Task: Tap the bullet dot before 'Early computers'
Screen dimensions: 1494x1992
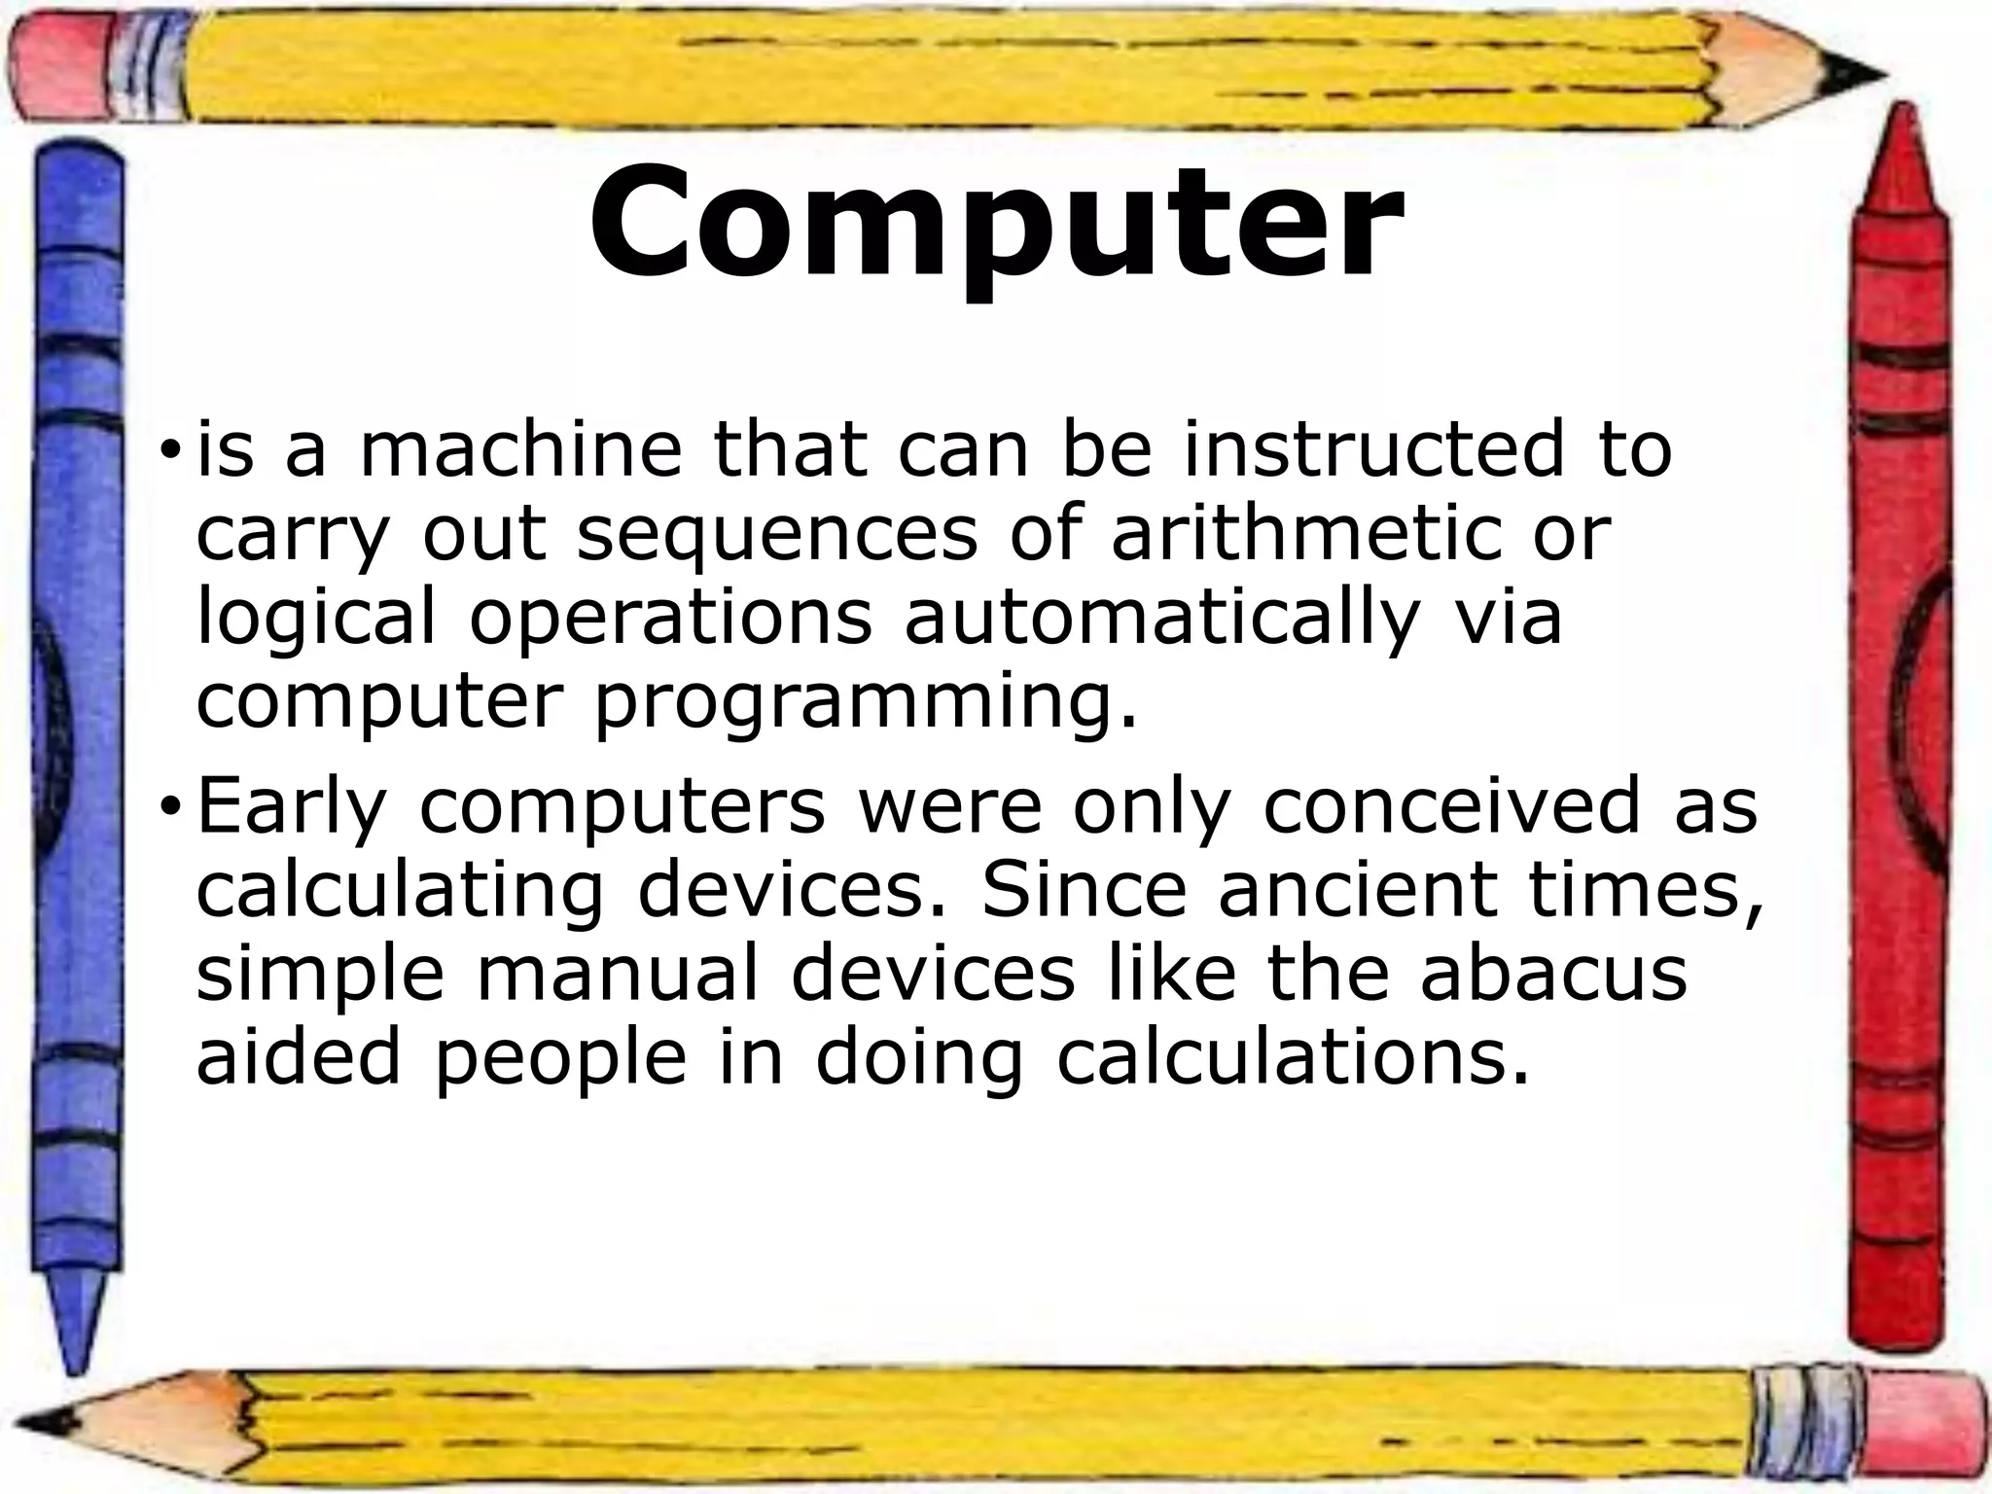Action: (171, 806)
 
